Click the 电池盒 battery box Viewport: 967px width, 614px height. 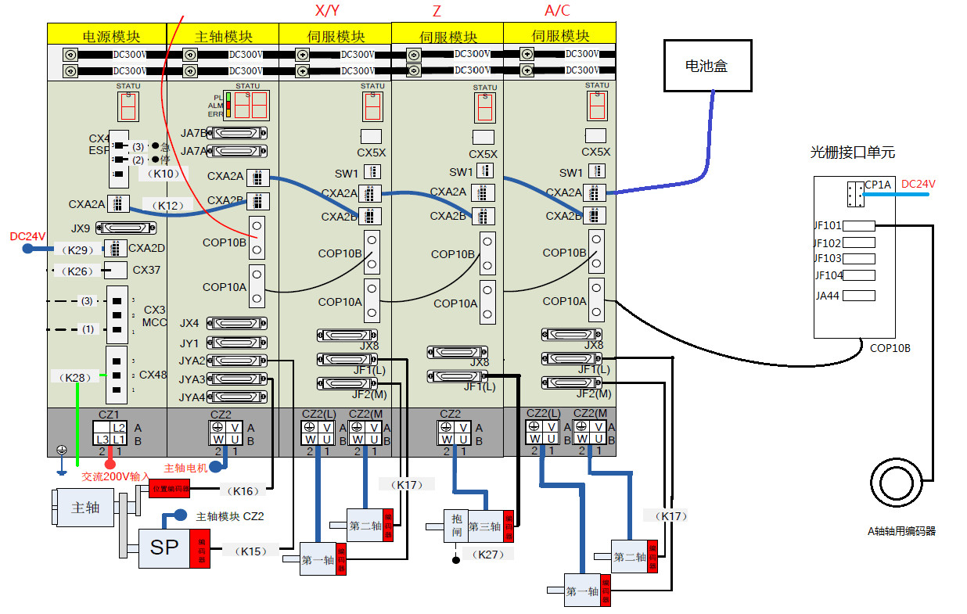706,66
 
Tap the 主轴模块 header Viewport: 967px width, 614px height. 223,36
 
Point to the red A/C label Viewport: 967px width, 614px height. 557,10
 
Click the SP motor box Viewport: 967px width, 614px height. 164,548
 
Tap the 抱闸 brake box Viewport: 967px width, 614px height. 457,526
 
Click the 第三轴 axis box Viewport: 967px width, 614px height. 484,526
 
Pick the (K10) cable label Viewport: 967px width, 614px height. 164,174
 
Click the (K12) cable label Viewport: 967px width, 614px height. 168,206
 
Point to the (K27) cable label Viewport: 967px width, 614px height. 489,554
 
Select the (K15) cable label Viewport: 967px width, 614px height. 250,551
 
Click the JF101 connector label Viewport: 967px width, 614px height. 828,226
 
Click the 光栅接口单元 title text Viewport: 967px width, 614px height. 852,153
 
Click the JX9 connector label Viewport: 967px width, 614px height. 81,228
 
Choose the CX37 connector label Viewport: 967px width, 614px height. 146,271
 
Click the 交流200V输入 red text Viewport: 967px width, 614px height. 116,476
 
